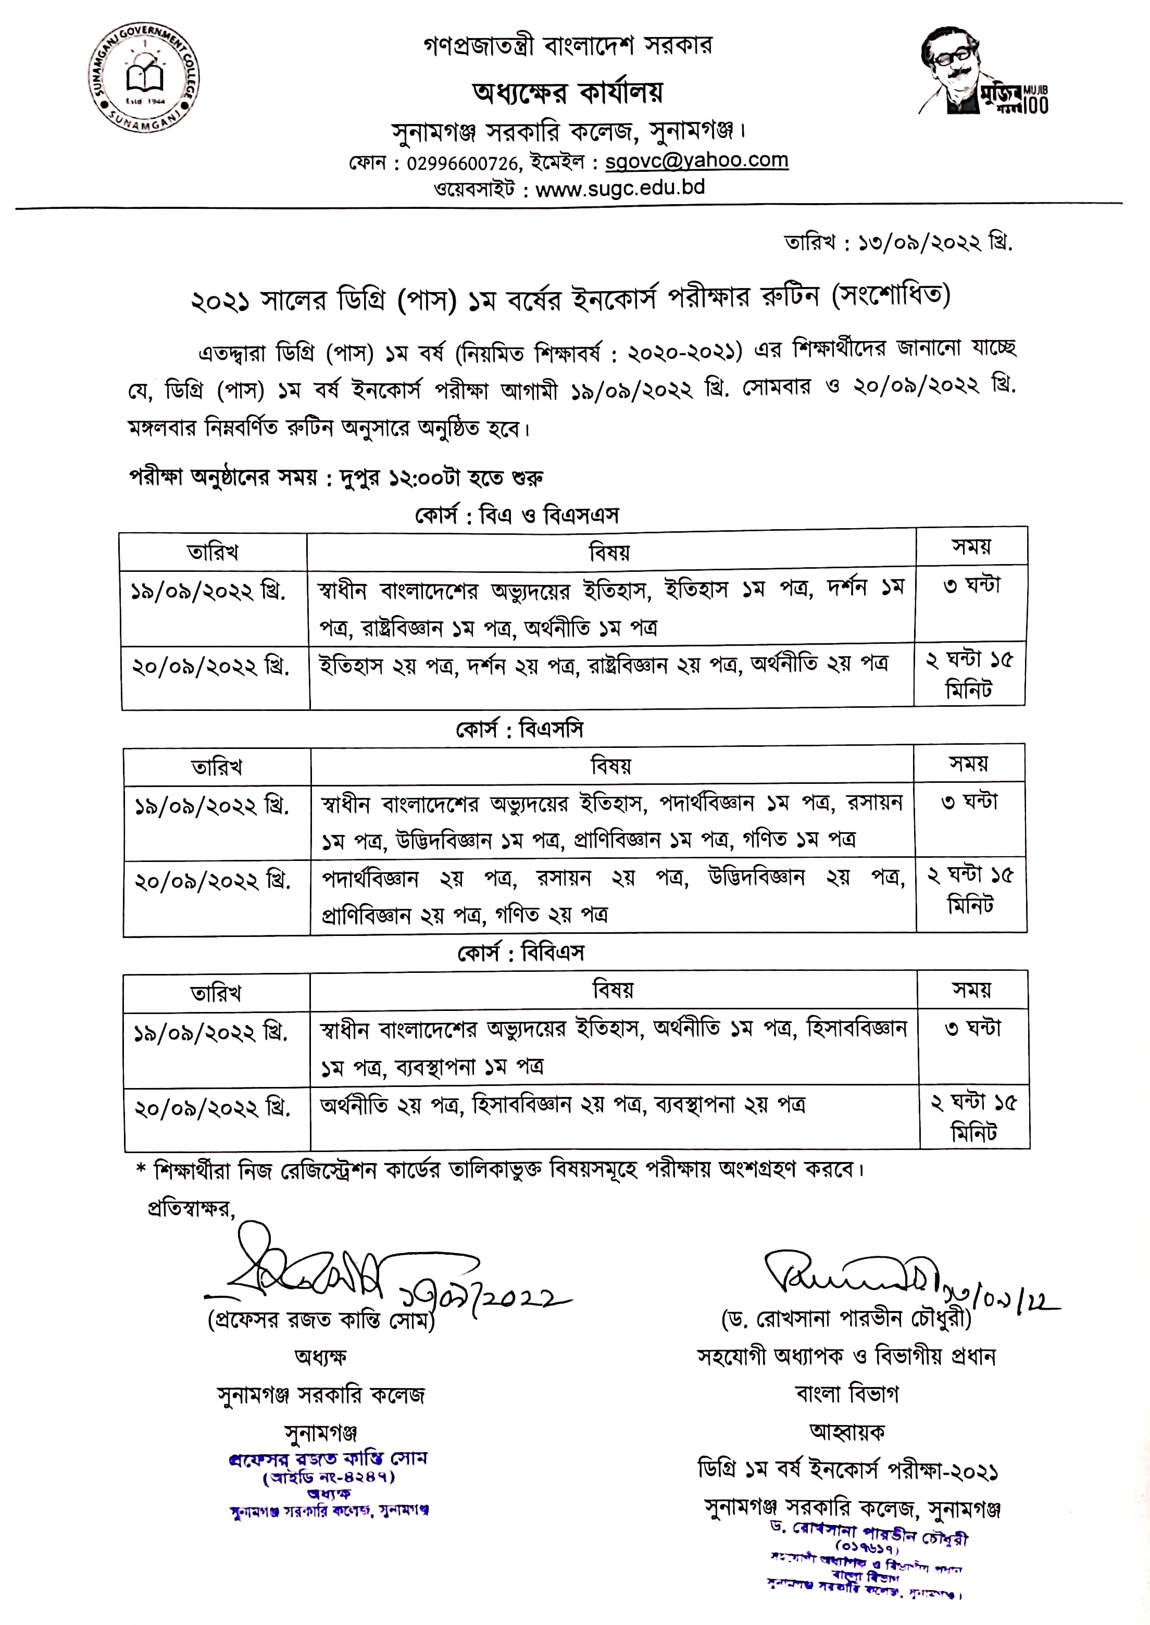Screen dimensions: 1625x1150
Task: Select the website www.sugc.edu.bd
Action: tap(620, 189)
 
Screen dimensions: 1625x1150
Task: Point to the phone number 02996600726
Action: tap(463, 164)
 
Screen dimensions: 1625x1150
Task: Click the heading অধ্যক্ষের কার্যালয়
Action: tap(568, 93)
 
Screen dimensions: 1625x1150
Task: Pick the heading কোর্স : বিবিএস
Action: tap(520, 953)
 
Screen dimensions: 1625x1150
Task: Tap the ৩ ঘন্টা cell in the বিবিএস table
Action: tap(973, 1028)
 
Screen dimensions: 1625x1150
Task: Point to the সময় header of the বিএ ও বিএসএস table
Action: tap(971, 547)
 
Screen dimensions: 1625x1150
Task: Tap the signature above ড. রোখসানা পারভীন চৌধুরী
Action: tap(850, 1274)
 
